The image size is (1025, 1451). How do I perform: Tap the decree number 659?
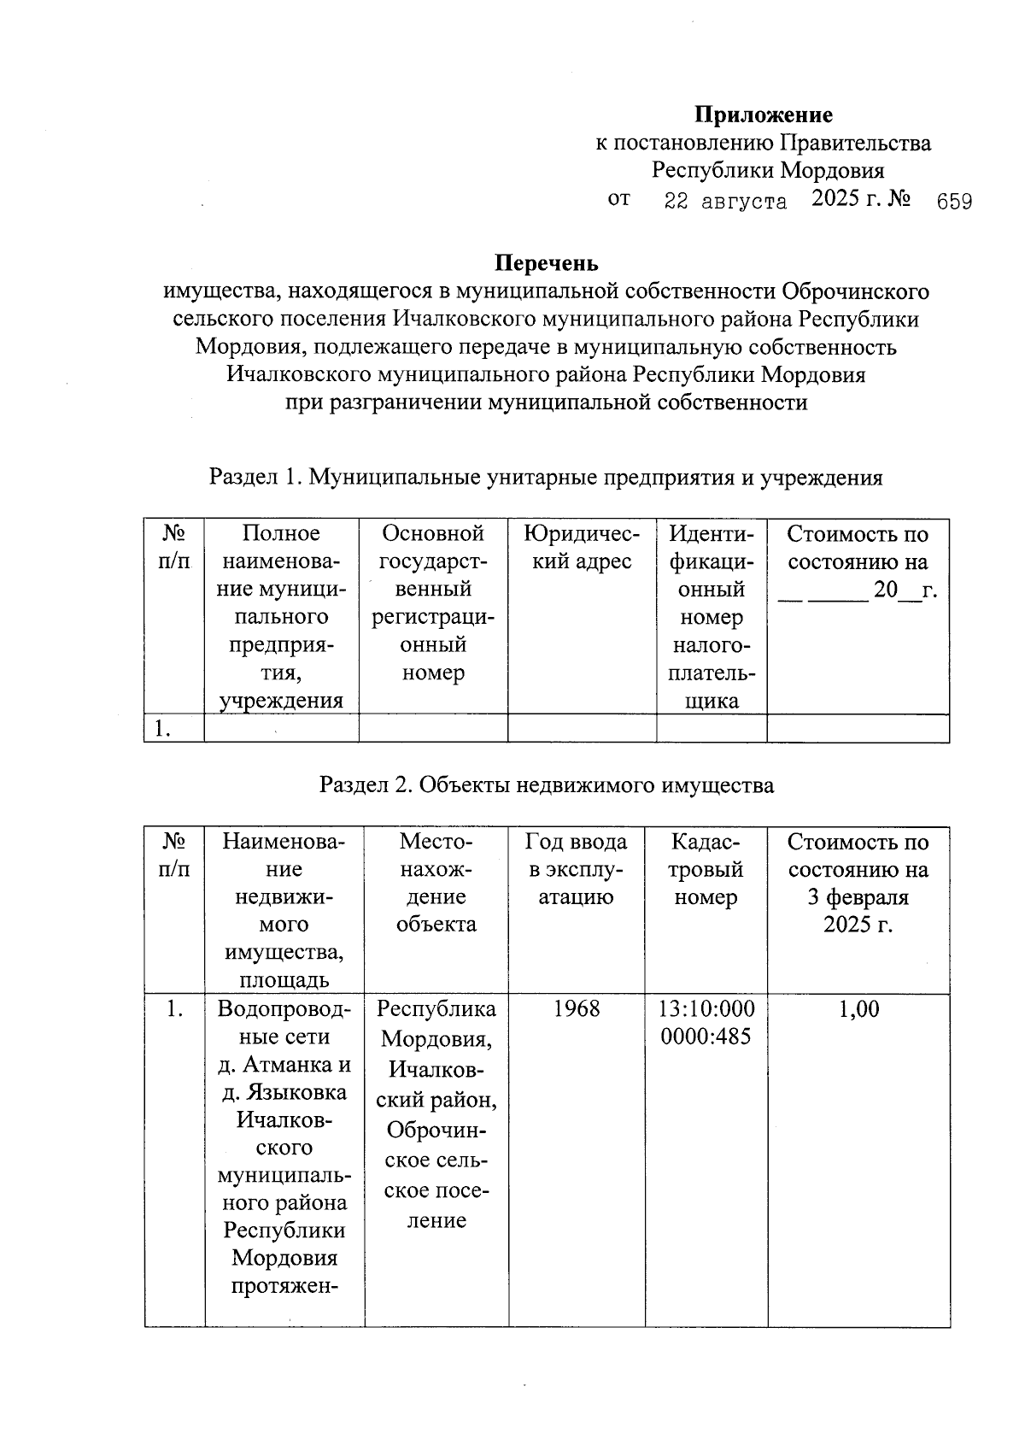(953, 203)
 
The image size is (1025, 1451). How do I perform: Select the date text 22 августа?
(725, 203)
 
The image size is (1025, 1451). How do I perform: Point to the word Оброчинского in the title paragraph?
(855, 291)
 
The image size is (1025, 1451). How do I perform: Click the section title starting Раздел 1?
(546, 478)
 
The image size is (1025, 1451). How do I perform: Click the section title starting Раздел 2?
(546, 785)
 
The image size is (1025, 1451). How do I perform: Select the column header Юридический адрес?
(581, 548)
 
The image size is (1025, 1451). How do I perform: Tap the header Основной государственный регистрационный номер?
(432, 603)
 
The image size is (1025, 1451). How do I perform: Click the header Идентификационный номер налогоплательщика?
(711, 617)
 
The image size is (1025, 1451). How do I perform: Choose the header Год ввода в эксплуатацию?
(576, 870)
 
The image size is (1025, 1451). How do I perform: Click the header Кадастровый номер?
(706, 870)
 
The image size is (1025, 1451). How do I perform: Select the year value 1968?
(576, 1009)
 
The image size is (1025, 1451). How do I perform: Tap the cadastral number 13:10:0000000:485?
(706, 1023)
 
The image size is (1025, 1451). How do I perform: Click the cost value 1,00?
(858, 1009)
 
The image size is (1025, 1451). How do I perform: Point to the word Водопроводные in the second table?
(284, 1023)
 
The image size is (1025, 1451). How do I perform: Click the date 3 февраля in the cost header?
(858, 898)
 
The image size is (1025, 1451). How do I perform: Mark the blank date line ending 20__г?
(858, 590)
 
